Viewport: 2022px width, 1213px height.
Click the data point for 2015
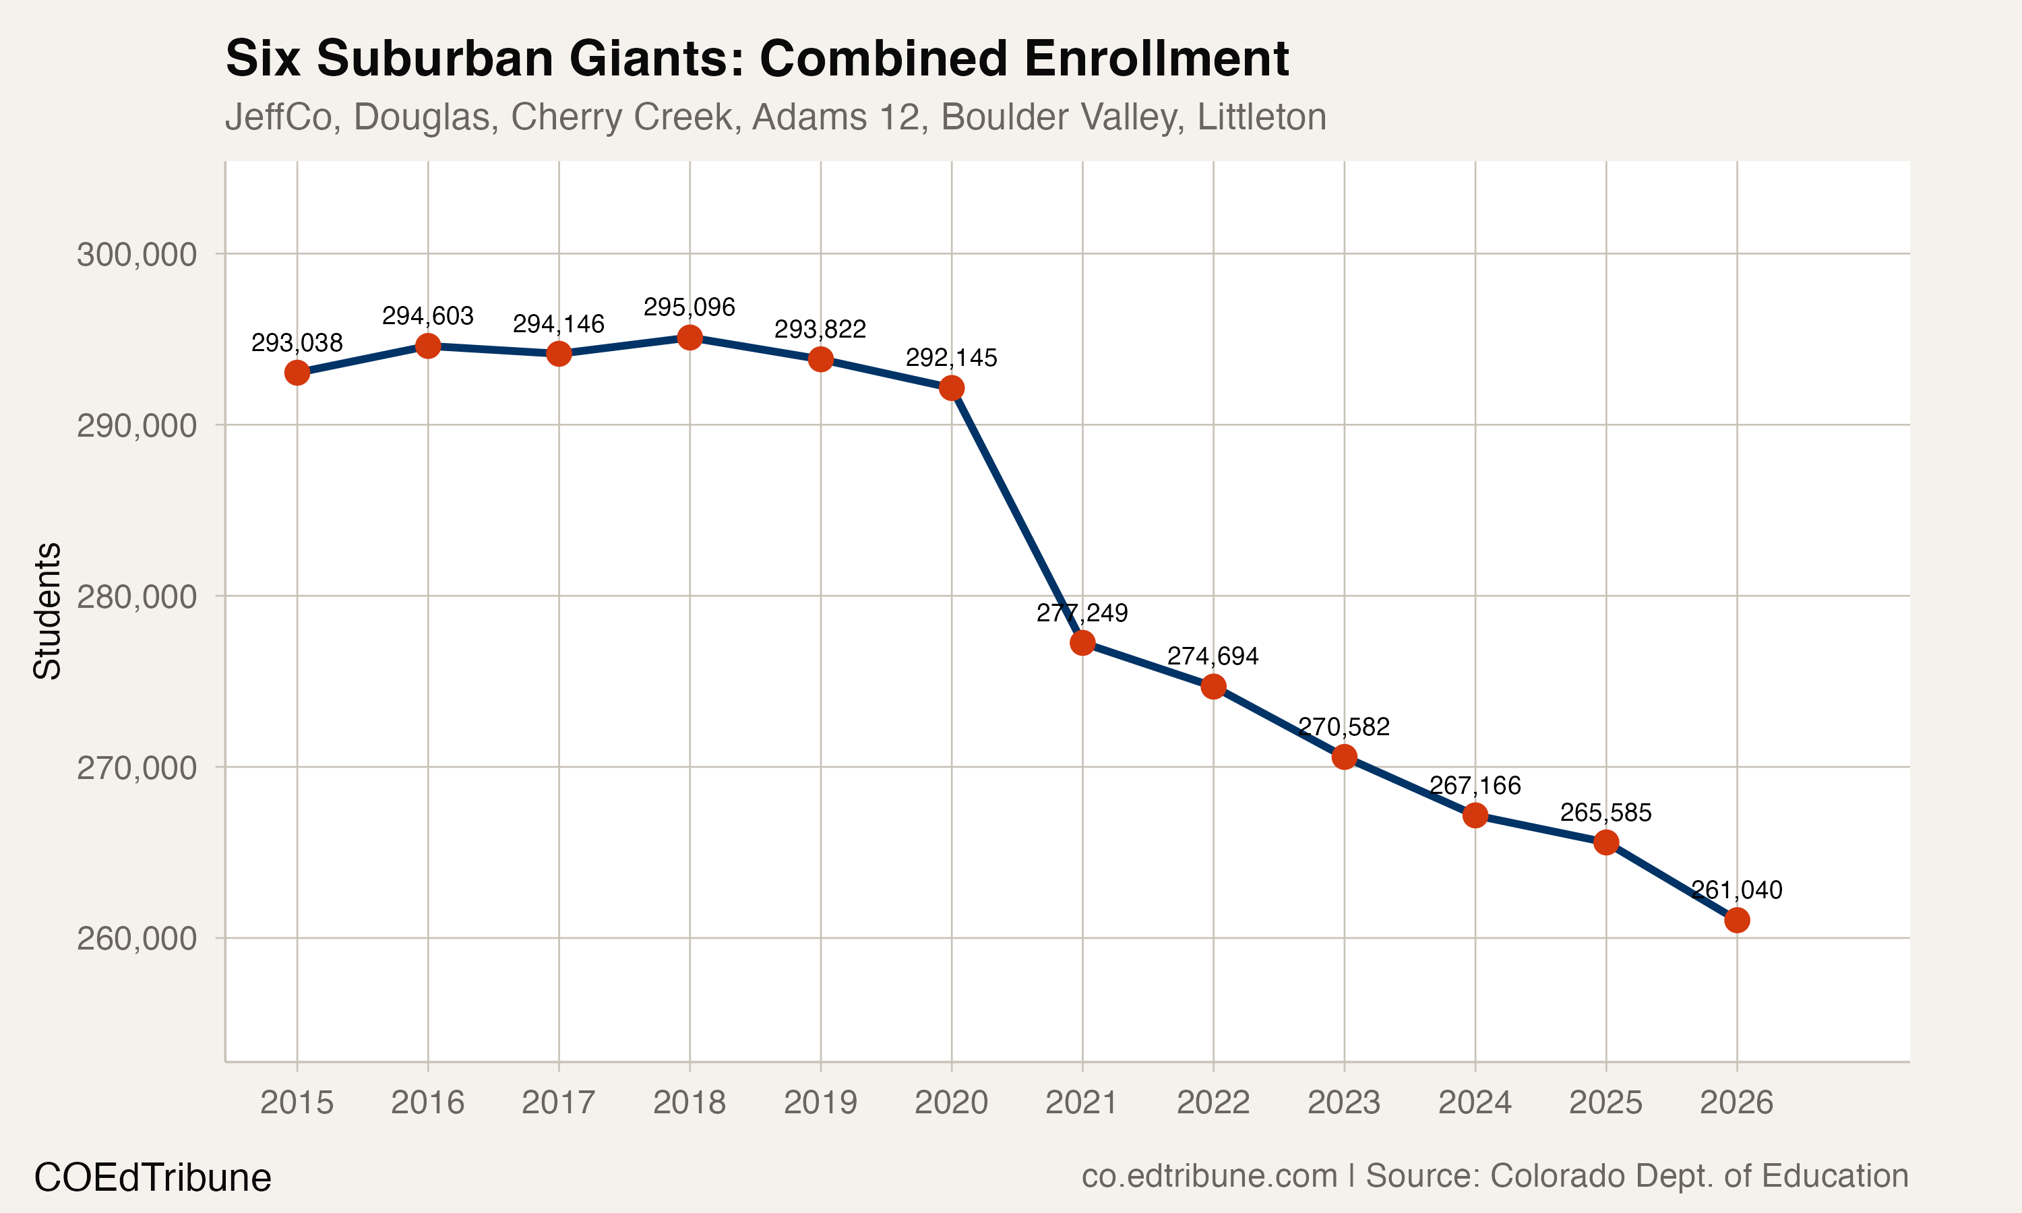tap(297, 373)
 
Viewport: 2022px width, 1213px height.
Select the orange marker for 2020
tap(951, 388)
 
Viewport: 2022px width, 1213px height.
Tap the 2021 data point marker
tap(1082, 644)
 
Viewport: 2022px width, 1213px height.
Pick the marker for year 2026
tap(1737, 921)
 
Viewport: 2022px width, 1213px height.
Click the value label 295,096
tap(689, 307)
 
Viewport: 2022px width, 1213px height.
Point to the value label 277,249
tap(1082, 613)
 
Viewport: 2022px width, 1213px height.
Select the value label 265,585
tap(1605, 813)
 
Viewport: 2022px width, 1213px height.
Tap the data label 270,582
tap(1344, 726)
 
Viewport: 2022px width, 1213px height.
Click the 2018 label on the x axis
tap(689, 1102)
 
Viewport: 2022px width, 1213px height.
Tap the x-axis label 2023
tap(1344, 1102)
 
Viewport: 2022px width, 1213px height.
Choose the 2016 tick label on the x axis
tap(427, 1102)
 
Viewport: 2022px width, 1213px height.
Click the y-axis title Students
tap(47, 611)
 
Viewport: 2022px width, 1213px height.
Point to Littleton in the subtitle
tap(1261, 117)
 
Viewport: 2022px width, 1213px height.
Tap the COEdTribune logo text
tap(152, 1178)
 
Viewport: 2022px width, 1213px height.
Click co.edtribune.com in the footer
tap(1208, 1176)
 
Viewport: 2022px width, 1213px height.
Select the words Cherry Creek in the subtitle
tap(622, 117)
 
